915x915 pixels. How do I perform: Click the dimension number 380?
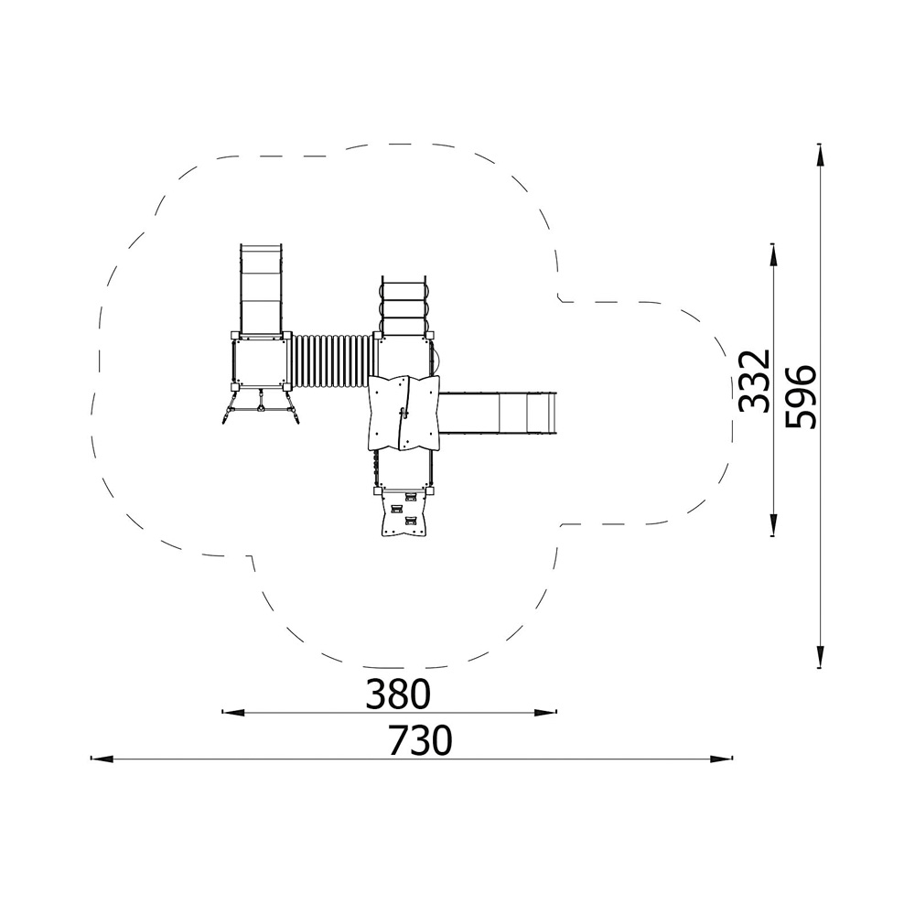click(398, 694)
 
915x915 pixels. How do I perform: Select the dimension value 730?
click(421, 740)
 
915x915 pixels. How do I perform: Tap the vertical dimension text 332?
click(755, 381)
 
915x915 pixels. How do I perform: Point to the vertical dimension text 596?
click(801, 397)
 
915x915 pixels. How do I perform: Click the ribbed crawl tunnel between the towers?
click(331, 361)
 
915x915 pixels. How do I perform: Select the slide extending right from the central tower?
click(497, 413)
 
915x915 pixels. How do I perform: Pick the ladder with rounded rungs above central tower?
click(404, 306)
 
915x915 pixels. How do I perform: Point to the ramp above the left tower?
click(261, 290)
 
